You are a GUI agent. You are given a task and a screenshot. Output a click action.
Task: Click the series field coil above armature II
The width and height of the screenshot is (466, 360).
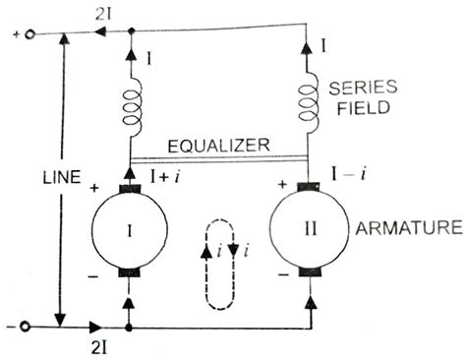pos(311,99)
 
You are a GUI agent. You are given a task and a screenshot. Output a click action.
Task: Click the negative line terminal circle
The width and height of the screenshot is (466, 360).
pos(29,325)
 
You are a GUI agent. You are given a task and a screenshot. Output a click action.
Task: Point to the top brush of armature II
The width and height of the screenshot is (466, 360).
pos(310,184)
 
